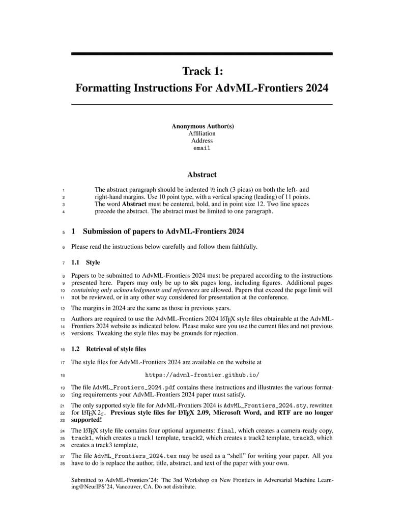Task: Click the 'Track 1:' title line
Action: click(x=202, y=71)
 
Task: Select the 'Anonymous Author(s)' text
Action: click(x=202, y=126)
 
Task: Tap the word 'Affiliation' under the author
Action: click(x=202, y=133)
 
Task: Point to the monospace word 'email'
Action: click(x=202, y=149)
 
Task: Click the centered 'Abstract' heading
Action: click(x=202, y=175)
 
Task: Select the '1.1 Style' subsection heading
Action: click(x=85, y=263)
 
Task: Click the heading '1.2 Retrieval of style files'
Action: click(x=108, y=349)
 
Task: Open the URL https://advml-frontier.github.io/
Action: click(x=202, y=375)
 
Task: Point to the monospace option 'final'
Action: click(x=226, y=430)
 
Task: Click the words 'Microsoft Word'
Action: click(x=238, y=413)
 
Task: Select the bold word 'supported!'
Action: click(x=86, y=420)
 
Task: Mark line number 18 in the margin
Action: click(x=62, y=375)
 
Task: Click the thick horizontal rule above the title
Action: click(x=202, y=53)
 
